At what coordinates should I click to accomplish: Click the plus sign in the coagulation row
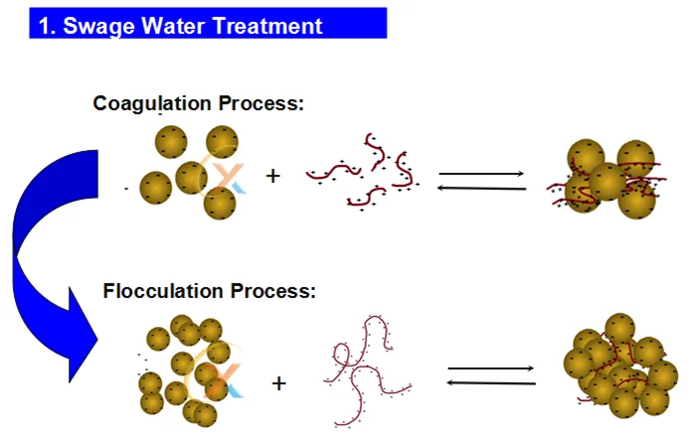click(x=273, y=177)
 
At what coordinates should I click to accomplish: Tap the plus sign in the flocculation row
click(x=279, y=382)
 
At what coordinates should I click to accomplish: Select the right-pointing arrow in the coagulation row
click(x=481, y=174)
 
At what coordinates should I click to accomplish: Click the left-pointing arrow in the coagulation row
click(x=481, y=188)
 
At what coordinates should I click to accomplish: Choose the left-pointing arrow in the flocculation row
click(x=491, y=382)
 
